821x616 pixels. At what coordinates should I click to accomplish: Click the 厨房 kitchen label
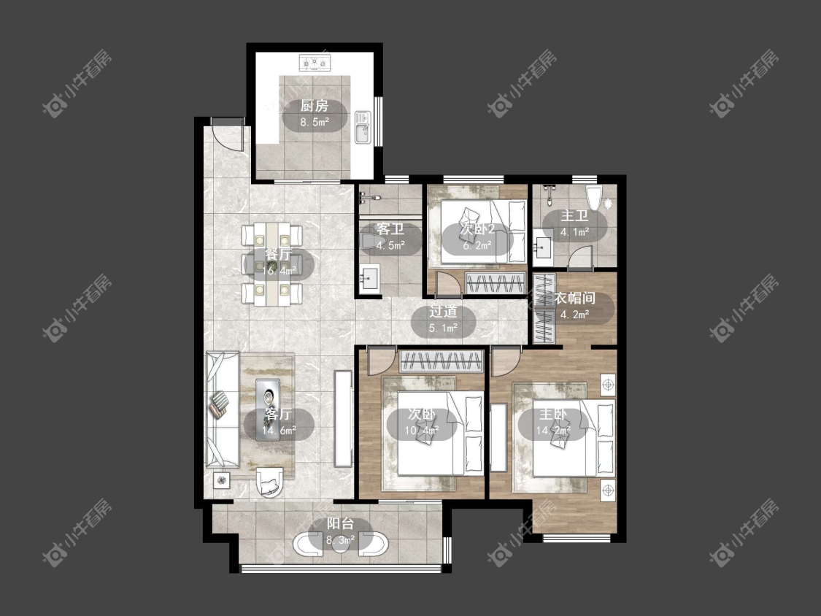point(314,107)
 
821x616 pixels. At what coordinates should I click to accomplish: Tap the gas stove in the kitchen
point(315,63)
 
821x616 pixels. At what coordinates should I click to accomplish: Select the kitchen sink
point(362,127)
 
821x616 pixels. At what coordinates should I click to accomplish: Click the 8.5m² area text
point(314,123)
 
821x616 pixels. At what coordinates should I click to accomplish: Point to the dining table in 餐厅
point(271,264)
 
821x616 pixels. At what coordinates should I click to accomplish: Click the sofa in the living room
point(223,410)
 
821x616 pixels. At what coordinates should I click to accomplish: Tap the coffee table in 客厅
point(269,409)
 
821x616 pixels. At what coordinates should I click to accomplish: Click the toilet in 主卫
point(593,198)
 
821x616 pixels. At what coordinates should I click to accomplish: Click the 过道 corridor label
point(444,312)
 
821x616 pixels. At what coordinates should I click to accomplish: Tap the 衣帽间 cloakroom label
point(575,299)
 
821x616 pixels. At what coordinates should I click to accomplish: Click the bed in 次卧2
point(483,231)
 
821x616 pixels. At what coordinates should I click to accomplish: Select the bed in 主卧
point(574,438)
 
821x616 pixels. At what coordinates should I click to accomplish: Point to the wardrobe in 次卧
point(441,361)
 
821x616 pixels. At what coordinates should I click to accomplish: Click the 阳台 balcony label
point(340,524)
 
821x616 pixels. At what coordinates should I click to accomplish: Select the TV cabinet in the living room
point(343,419)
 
